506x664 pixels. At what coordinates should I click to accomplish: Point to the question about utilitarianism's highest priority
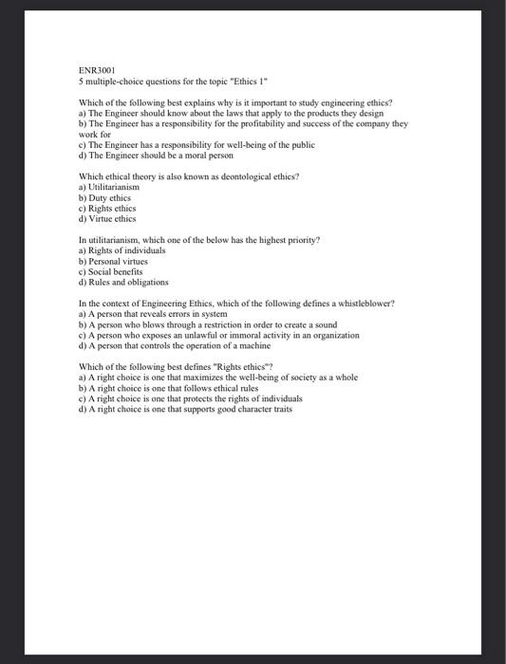(198, 240)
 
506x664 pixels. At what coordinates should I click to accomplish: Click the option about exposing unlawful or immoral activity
(218, 335)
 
